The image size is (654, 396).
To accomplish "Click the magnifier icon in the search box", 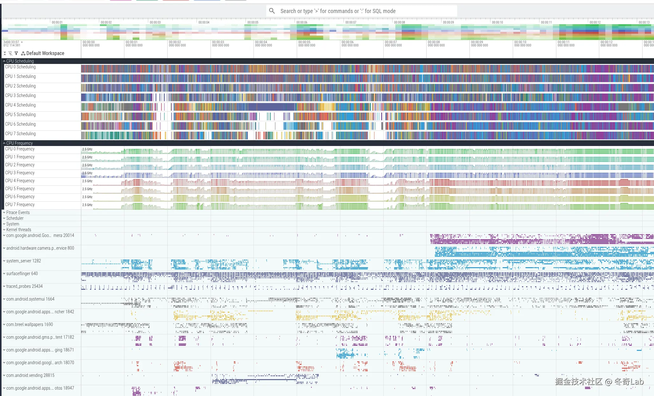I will [x=272, y=11].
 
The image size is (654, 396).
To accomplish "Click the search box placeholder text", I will [x=338, y=11].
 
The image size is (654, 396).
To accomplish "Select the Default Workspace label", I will [x=45, y=53].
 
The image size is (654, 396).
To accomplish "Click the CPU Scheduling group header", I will [x=20, y=61].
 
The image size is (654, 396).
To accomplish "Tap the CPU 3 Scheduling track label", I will [x=20, y=95].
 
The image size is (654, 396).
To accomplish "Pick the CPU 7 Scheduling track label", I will [x=20, y=134].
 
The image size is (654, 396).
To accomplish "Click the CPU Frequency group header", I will [x=19, y=143].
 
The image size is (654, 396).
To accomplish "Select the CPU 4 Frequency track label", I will [x=20, y=181].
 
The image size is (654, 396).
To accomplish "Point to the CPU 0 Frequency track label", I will [x=20, y=149].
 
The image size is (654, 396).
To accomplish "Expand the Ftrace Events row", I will [x=18, y=212].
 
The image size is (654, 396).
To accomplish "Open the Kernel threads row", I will [x=18, y=230].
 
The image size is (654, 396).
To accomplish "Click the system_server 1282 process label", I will [x=24, y=261].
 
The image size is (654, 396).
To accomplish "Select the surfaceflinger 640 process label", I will [x=22, y=274].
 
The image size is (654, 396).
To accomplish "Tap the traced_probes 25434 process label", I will [x=24, y=286].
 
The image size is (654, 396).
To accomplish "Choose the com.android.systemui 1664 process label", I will [x=30, y=299].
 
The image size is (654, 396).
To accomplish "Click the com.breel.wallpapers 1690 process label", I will [x=30, y=324].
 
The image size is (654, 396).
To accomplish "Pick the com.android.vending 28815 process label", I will [x=30, y=375].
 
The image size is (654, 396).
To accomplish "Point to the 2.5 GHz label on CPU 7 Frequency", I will [x=87, y=205].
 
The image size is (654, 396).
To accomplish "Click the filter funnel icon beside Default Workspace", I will [x=16, y=53].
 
